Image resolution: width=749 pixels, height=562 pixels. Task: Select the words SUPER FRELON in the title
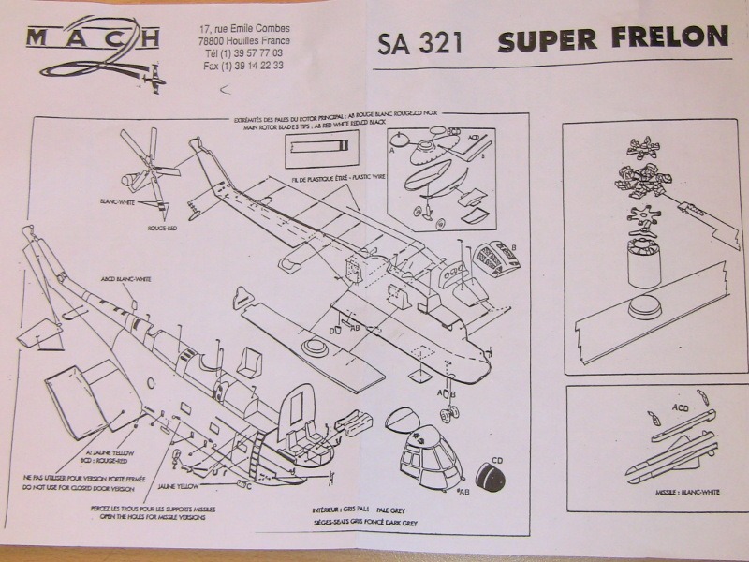click(x=612, y=39)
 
